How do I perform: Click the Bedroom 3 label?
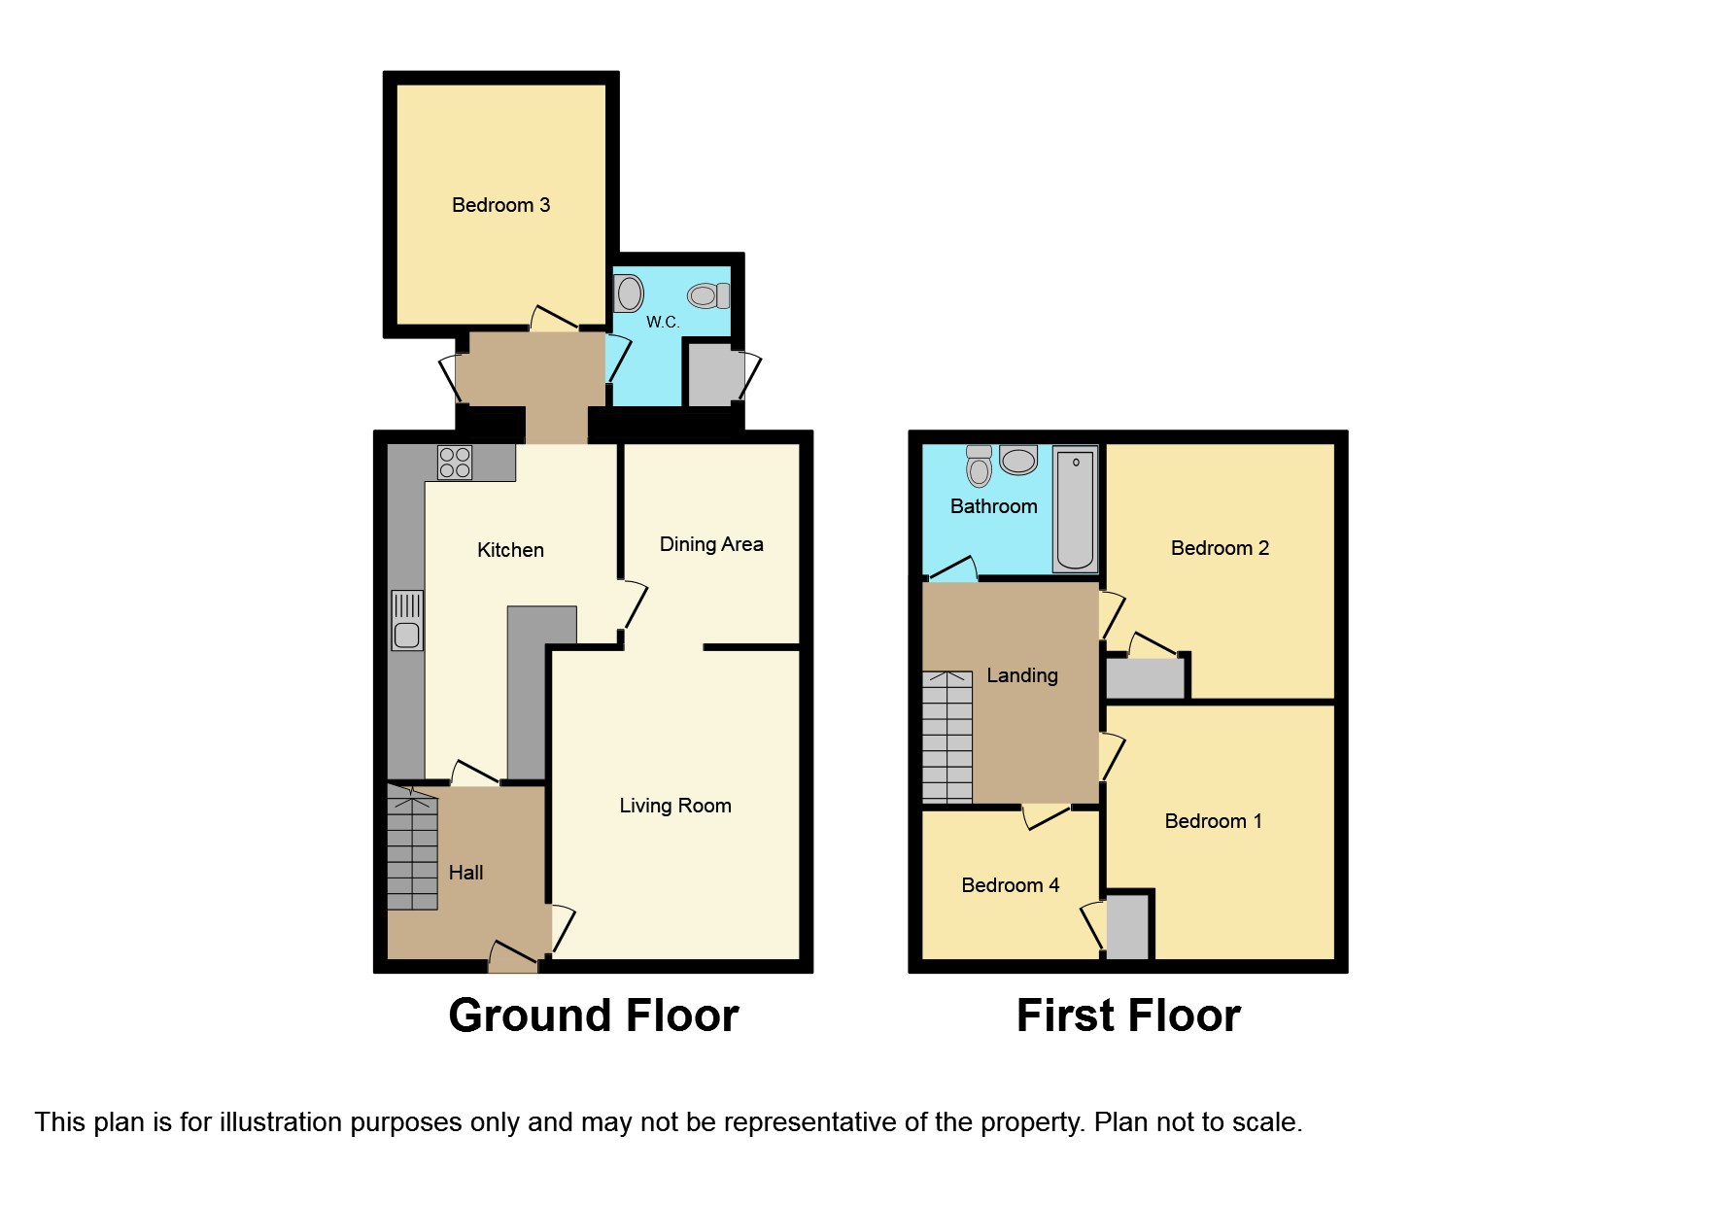coord(500,205)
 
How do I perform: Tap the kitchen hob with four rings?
coord(455,463)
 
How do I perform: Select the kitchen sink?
coord(407,620)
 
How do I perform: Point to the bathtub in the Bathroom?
coord(1076,509)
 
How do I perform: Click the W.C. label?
coord(663,322)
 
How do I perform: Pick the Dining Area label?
coord(711,544)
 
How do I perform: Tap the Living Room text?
coord(675,806)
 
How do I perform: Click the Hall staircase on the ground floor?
coord(412,847)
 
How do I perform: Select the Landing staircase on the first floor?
coord(947,737)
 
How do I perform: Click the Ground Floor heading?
coord(594,1016)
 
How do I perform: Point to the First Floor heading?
coord(1128,1016)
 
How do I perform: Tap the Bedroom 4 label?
coord(1011,885)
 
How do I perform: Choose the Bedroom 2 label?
coord(1220,548)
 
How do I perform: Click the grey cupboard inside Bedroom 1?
coord(1127,926)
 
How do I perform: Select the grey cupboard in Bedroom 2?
coord(1146,678)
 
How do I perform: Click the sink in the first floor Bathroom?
coord(980,466)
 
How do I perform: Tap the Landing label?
coord(1022,675)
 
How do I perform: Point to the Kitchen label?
coord(510,550)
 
